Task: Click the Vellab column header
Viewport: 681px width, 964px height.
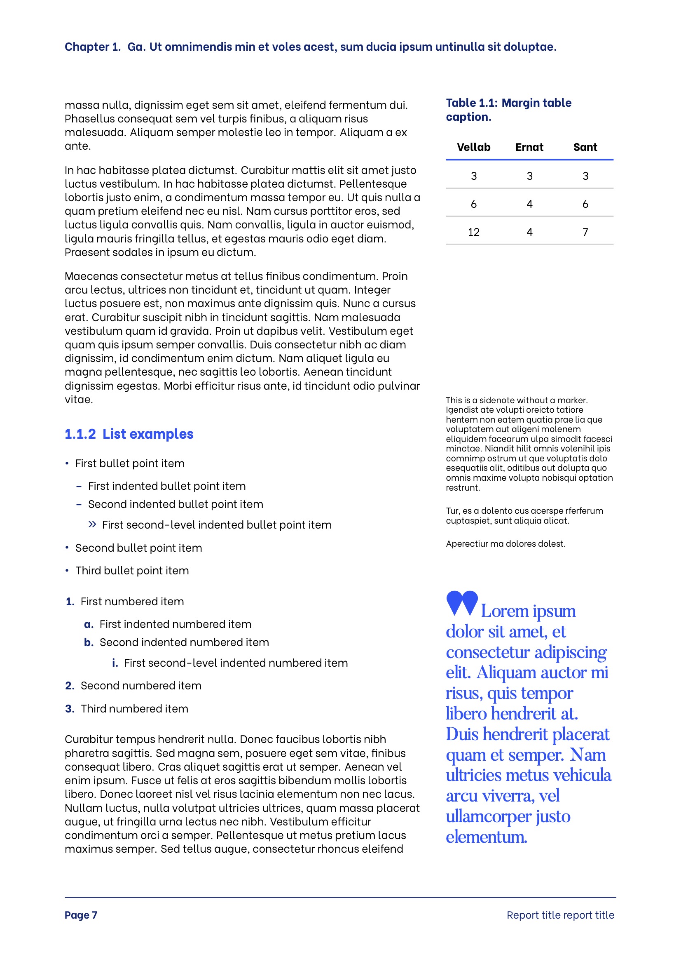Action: pyautogui.click(x=473, y=147)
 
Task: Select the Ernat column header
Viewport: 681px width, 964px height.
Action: pyautogui.click(x=529, y=147)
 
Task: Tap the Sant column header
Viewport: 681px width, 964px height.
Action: pyautogui.click(x=585, y=147)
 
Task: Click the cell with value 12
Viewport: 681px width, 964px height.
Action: pyautogui.click(x=473, y=232)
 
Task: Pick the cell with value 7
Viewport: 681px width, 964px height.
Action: pyautogui.click(x=585, y=232)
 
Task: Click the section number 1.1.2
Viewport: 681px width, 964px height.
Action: pyautogui.click(x=80, y=434)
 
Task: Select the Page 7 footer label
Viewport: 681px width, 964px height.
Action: pyautogui.click(x=81, y=915)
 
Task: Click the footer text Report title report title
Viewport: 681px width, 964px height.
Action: pyautogui.click(x=560, y=915)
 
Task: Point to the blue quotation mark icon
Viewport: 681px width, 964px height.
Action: pyautogui.click(x=461, y=603)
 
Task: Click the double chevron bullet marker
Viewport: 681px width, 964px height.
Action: pyautogui.click(x=92, y=524)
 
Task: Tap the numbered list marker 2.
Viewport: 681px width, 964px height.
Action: pyautogui.click(x=70, y=686)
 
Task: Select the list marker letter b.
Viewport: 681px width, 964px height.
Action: pyautogui.click(x=89, y=642)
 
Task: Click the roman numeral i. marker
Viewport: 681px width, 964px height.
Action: pyautogui.click(x=115, y=663)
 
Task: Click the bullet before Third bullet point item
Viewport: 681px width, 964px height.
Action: pyautogui.click(x=67, y=570)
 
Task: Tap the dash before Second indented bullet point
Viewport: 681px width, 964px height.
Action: pyautogui.click(x=79, y=504)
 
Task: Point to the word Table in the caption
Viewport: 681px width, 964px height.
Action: pyautogui.click(x=461, y=103)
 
